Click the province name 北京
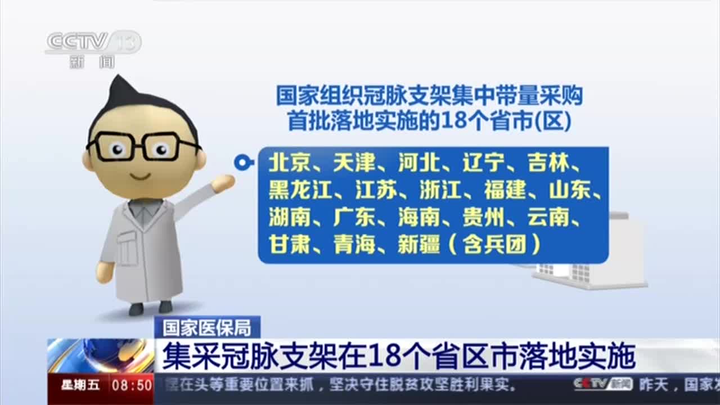point(289,163)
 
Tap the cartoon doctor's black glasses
point(143,147)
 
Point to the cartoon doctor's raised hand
point(223,183)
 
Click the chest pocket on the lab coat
point(127,247)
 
